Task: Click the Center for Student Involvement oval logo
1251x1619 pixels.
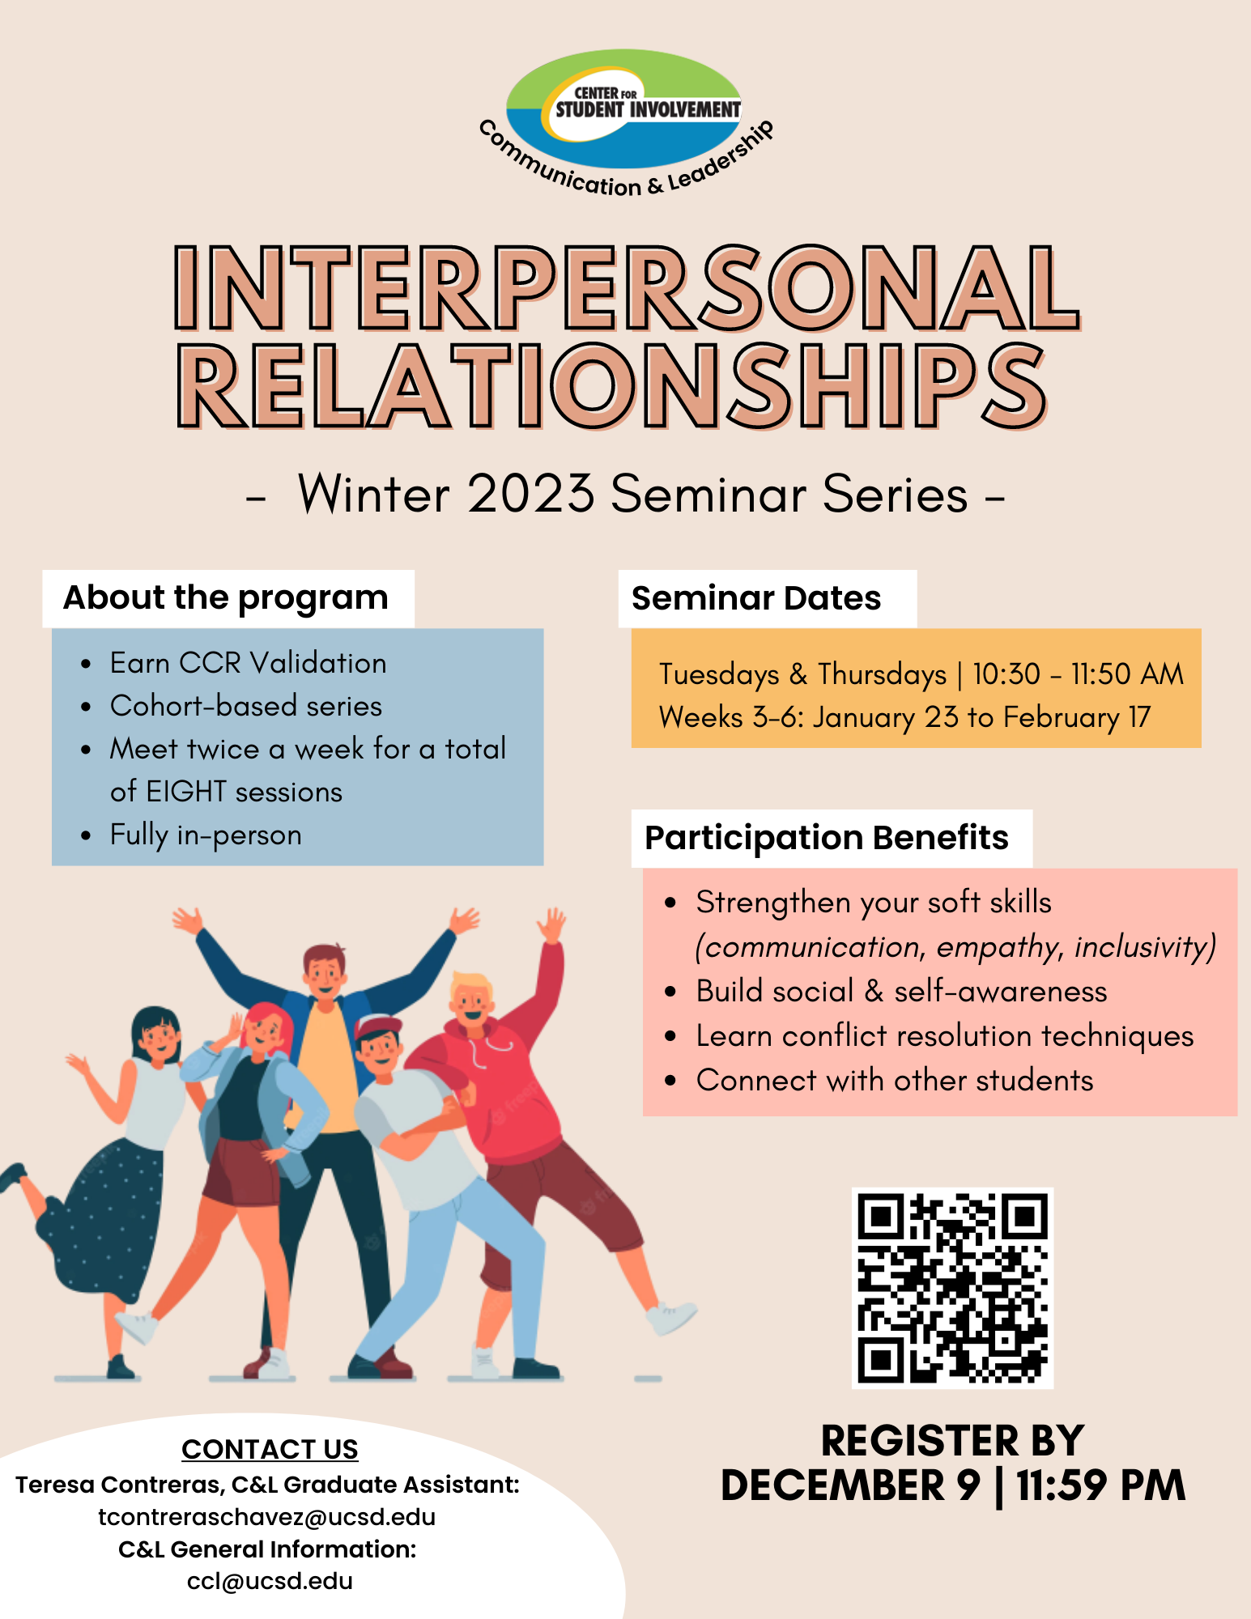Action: pos(623,108)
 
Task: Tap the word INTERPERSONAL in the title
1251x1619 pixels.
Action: pos(628,289)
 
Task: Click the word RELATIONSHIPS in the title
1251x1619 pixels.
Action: pos(613,385)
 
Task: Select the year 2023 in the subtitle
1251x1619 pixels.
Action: pos(530,493)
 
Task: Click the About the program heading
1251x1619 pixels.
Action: pos(226,598)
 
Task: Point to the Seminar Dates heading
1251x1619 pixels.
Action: pos(756,598)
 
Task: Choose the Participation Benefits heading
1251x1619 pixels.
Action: pos(827,838)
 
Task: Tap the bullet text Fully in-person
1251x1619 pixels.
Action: pos(206,835)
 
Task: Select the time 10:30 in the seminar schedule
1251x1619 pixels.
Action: pos(1006,674)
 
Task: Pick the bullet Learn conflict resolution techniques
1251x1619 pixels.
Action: pos(945,1036)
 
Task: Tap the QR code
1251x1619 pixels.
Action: pos(952,1288)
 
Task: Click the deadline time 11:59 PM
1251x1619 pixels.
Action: pos(1101,1485)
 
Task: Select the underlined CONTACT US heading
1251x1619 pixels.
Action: pos(270,1449)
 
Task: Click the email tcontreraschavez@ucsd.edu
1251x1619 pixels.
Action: pos(267,1517)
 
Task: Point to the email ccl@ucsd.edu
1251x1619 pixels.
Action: pos(270,1581)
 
